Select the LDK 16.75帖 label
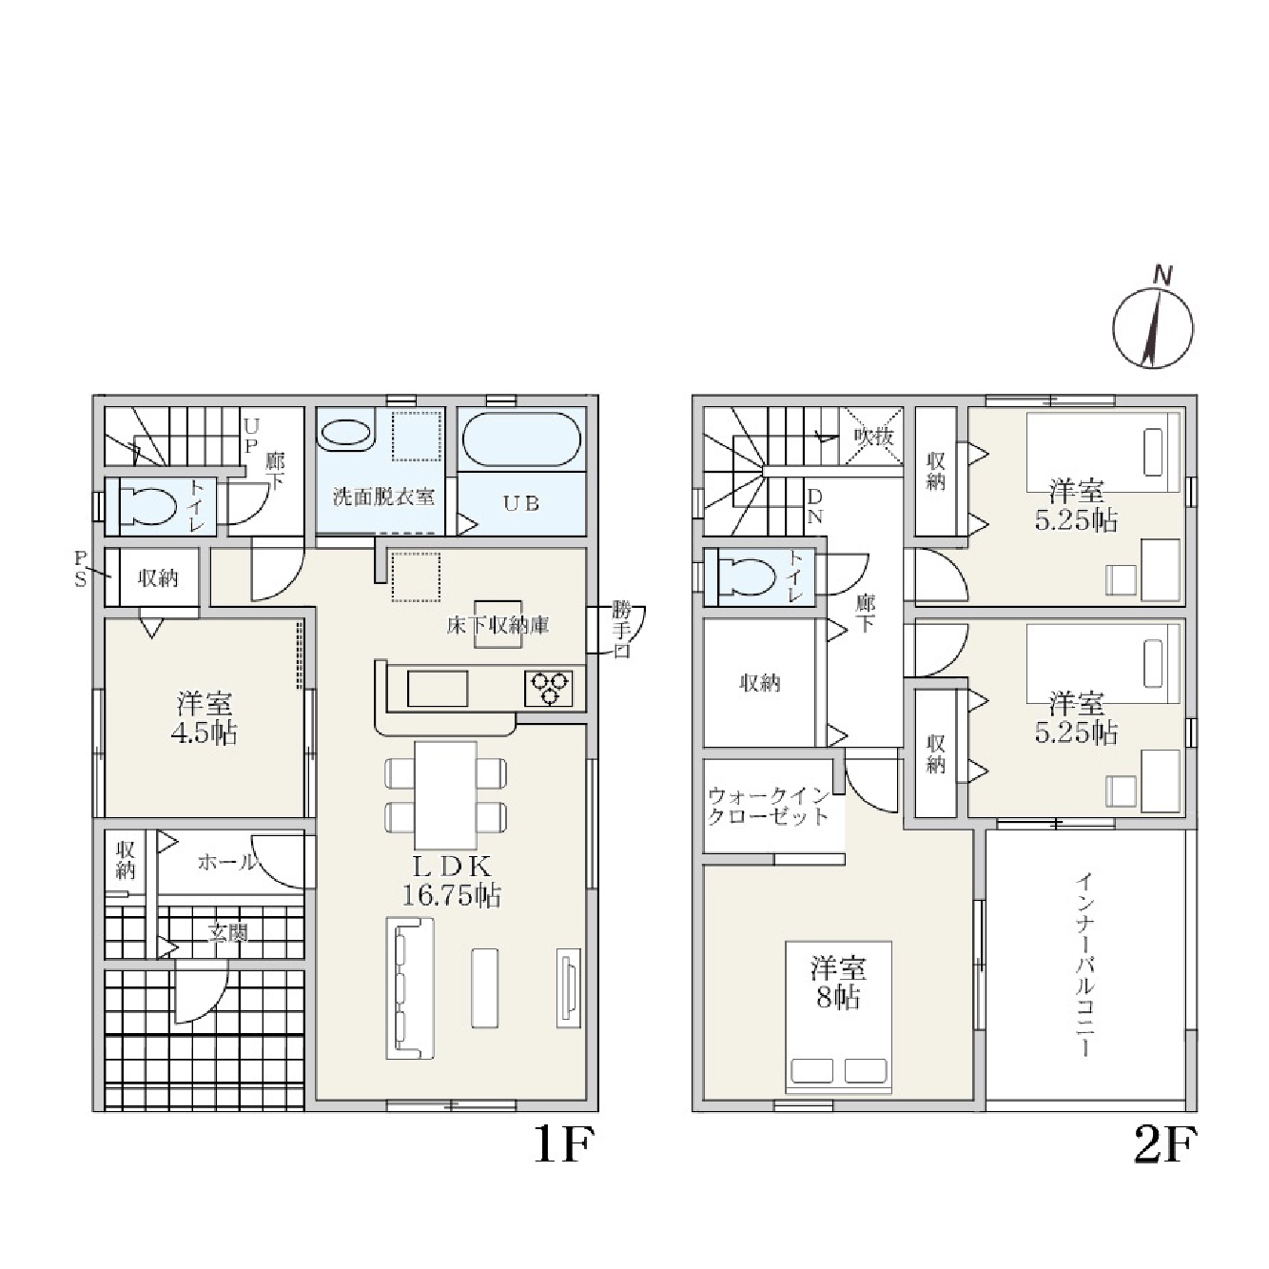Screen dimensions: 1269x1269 [x=451, y=882]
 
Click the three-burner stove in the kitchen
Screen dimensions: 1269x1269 [x=548, y=689]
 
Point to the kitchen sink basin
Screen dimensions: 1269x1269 [x=438, y=689]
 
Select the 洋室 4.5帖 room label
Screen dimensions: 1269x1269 [x=205, y=718]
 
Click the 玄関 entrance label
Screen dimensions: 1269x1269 [x=228, y=932]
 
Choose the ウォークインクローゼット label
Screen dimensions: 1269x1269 [x=768, y=807]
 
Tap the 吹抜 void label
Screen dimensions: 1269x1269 [x=873, y=436]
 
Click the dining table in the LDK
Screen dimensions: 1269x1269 [x=445, y=795]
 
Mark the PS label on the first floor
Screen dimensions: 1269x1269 [x=80, y=570]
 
